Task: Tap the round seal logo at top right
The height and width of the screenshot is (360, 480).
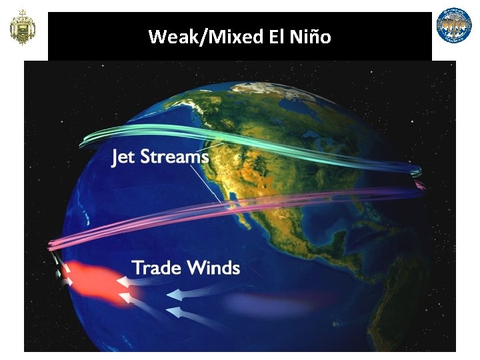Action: point(454,25)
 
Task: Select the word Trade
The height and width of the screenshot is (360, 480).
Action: point(157,268)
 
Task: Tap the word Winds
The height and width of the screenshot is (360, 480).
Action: point(213,268)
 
